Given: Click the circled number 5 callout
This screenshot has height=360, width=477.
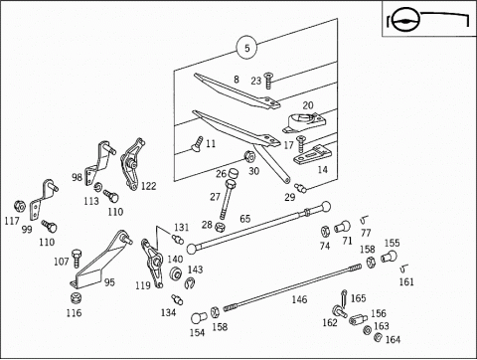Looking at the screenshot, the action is click(x=247, y=48).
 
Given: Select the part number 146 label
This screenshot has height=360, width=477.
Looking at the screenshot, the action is click(x=299, y=299).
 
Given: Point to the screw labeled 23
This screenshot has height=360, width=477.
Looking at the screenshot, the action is click(x=267, y=81).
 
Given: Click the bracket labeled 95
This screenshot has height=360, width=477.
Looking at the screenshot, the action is click(x=99, y=262).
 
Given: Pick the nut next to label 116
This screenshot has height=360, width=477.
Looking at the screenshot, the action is click(x=77, y=297).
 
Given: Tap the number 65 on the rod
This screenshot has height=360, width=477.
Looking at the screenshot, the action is click(x=245, y=219).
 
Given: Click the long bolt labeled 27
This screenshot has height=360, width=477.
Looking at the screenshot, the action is click(x=227, y=199).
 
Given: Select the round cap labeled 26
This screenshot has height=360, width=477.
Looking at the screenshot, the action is click(x=234, y=173).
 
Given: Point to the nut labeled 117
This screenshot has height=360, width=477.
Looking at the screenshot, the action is click(x=20, y=206).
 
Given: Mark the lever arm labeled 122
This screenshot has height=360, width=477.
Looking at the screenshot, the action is click(x=132, y=164).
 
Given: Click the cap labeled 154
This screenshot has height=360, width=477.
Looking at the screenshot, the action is click(x=199, y=318).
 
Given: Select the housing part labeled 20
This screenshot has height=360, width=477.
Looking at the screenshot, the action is click(x=304, y=122).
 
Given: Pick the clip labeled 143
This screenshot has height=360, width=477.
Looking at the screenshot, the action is click(x=190, y=282).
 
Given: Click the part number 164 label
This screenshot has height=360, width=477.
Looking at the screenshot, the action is click(x=393, y=339).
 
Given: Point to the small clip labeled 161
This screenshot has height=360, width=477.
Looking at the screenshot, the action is click(x=404, y=268).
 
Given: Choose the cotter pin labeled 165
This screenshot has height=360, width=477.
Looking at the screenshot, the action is click(x=344, y=297).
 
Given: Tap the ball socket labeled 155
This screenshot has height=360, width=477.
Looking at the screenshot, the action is click(x=389, y=257).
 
